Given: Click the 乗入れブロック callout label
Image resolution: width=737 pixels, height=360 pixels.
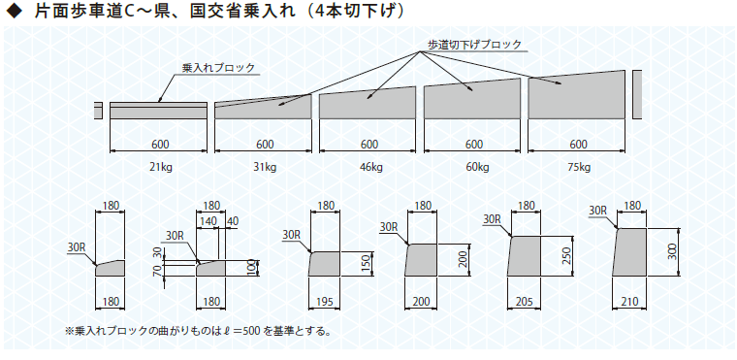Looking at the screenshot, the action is click(218, 68).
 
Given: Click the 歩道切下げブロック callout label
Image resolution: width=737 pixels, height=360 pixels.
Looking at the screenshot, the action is click(475, 45).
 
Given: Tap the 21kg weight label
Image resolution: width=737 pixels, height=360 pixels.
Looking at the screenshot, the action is click(160, 167).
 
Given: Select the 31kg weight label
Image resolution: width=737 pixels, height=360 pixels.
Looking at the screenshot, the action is click(265, 167).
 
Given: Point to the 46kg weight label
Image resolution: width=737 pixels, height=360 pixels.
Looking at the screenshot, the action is click(369, 167).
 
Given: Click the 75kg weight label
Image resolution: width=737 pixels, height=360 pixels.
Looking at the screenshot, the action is click(580, 167).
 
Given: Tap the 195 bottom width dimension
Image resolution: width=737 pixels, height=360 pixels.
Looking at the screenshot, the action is click(324, 301).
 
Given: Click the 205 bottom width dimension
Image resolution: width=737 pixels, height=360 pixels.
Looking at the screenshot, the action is click(524, 301).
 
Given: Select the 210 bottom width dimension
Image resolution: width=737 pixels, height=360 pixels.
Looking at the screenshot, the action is click(629, 301).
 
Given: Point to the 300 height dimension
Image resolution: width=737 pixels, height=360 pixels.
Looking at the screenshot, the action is click(673, 252).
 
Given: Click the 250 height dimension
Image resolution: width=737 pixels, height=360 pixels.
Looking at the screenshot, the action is click(568, 255).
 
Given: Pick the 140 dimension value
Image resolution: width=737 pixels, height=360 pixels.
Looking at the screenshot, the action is click(208, 221).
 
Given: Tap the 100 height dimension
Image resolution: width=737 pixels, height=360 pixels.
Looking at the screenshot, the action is click(251, 267).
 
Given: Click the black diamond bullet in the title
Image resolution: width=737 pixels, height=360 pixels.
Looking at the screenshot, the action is click(16, 12).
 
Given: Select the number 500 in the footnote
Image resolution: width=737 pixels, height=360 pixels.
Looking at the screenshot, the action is click(247, 331).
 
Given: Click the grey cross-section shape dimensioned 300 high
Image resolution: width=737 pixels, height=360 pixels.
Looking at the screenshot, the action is click(629, 252).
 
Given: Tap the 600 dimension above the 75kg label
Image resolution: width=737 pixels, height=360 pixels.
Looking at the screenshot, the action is click(579, 144).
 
